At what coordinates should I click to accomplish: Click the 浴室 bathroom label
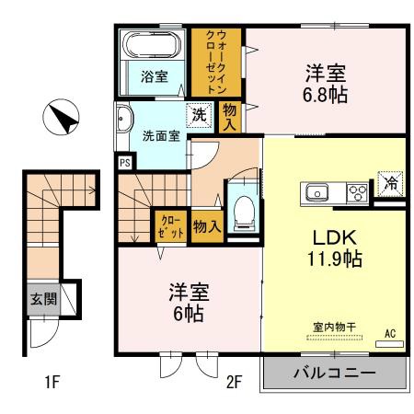(x=154, y=77)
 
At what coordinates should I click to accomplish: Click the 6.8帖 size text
(x=325, y=94)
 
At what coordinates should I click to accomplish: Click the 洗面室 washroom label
(x=160, y=136)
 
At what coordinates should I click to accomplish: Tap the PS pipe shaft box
(x=124, y=163)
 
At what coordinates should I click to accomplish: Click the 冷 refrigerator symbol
(x=390, y=183)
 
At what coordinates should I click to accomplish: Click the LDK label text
(x=328, y=235)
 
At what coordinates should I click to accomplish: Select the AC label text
(x=389, y=332)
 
